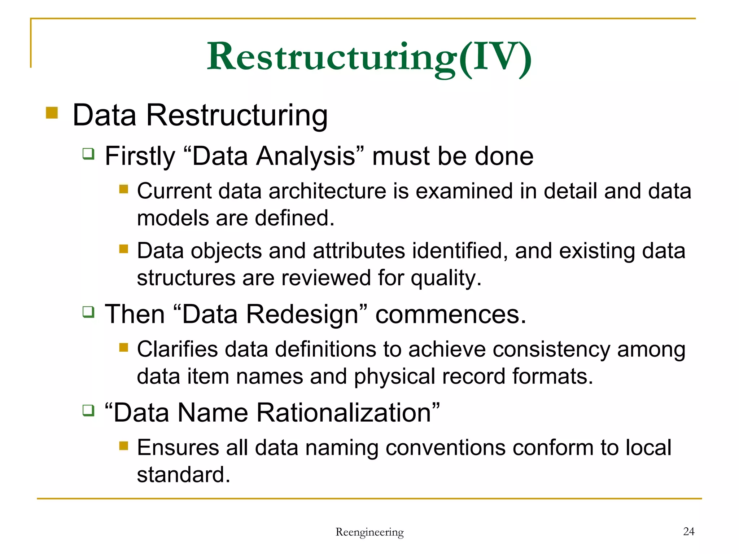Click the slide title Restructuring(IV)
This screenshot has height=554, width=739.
click(369, 58)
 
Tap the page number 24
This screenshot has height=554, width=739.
click(688, 531)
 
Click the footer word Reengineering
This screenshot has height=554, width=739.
click(369, 532)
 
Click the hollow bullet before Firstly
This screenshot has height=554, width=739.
click(88, 154)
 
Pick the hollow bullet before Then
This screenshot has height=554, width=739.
click(88, 312)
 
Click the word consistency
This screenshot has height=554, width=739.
click(551, 349)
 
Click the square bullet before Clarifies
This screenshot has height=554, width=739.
click(124, 347)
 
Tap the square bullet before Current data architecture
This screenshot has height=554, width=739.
click(124, 189)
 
